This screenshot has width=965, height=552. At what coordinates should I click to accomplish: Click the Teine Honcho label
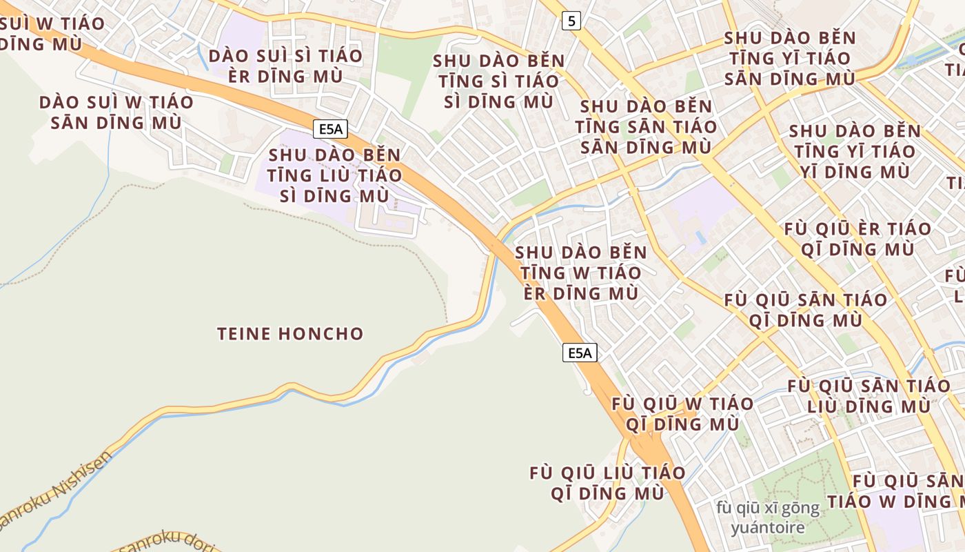click(290, 334)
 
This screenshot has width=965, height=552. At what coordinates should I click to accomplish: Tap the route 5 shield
click(571, 21)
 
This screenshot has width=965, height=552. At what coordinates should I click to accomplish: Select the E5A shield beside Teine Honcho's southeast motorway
click(580, 353)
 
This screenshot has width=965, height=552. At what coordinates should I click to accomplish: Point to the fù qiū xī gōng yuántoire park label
click(768, 518)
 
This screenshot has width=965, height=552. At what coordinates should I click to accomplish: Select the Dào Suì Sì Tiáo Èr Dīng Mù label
click(285, 66)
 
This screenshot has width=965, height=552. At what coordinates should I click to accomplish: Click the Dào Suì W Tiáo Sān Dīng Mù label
click(116, 112)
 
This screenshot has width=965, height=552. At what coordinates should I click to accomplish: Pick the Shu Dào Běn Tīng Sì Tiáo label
click(499, 81)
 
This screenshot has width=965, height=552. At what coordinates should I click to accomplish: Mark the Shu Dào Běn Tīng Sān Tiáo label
click(646, 127)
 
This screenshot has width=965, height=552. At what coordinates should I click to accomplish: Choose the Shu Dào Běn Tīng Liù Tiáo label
click(335, 175)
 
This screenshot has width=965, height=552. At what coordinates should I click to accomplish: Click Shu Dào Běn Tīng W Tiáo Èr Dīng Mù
click(581, 273)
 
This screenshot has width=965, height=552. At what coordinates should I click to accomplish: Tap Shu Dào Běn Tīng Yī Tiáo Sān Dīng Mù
click(790, 59)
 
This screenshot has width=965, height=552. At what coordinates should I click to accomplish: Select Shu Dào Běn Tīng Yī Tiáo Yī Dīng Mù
click(855, 151)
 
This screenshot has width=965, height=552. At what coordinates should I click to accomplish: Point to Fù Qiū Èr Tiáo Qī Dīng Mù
click(857, 239)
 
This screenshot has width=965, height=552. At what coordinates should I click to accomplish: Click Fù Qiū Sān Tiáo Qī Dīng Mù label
click(806, 310)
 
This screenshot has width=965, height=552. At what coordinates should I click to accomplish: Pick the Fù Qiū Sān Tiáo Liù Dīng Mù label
click(868, 395)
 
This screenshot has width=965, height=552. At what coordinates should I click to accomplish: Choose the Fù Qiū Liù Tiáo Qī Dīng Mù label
click(607, 483)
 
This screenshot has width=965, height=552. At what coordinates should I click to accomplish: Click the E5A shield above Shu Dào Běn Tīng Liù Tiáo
click(329, 128)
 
